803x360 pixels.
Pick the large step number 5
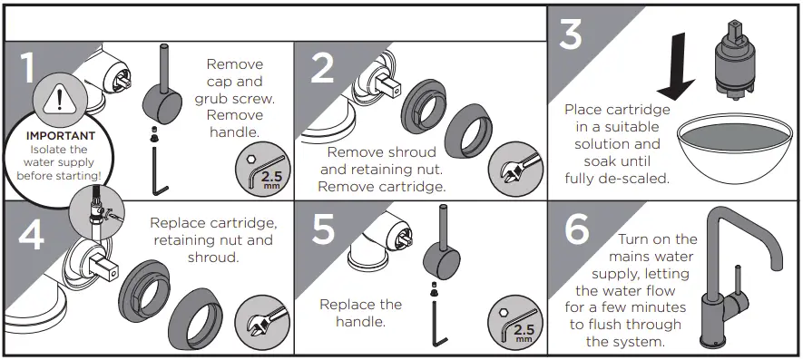[x=324, y=230]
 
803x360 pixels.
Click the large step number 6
[x=577, y=229]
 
